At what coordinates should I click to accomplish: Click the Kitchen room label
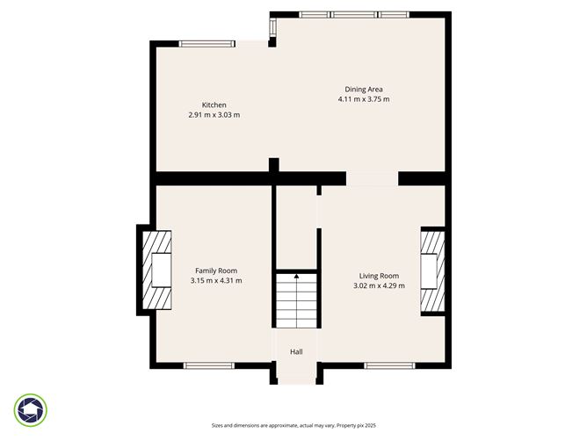coord(214,105)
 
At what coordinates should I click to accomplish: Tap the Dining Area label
coord(363,89)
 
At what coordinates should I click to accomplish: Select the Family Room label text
coord(215,270)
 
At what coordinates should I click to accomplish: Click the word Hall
coord(296,352)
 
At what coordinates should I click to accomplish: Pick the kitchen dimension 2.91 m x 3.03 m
coord(214,115)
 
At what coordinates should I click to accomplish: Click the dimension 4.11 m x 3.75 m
coord(363,99)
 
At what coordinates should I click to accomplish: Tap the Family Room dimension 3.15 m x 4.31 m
coord(215,281)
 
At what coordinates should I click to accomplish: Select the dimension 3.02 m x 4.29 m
coord(379,285)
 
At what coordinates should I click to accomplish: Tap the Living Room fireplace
coord(432,270)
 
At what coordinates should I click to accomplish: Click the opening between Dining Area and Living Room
coord(372,178)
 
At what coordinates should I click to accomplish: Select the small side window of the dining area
coord(272,27)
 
